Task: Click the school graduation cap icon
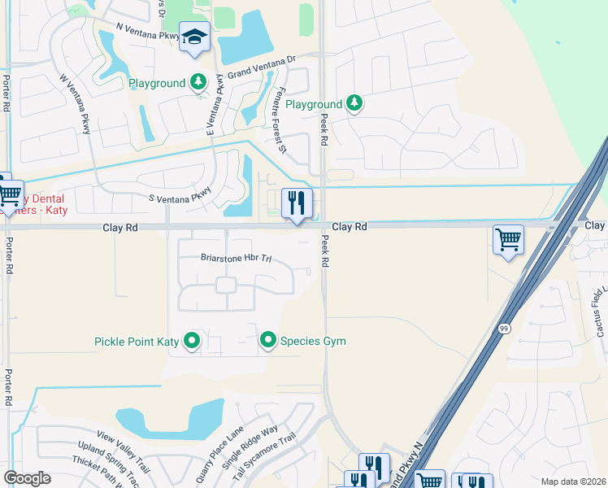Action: click(195, 37)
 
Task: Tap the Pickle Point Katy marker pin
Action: click(192, 341)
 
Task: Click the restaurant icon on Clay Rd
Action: click(297, 203)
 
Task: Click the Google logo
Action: click(27, 478)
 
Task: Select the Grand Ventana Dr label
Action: click(262, 66)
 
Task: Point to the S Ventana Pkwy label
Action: click(180, 195)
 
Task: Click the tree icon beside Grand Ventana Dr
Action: click(198, 82)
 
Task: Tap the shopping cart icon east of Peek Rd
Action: click(508, 239)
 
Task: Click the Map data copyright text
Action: click(574, 481)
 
